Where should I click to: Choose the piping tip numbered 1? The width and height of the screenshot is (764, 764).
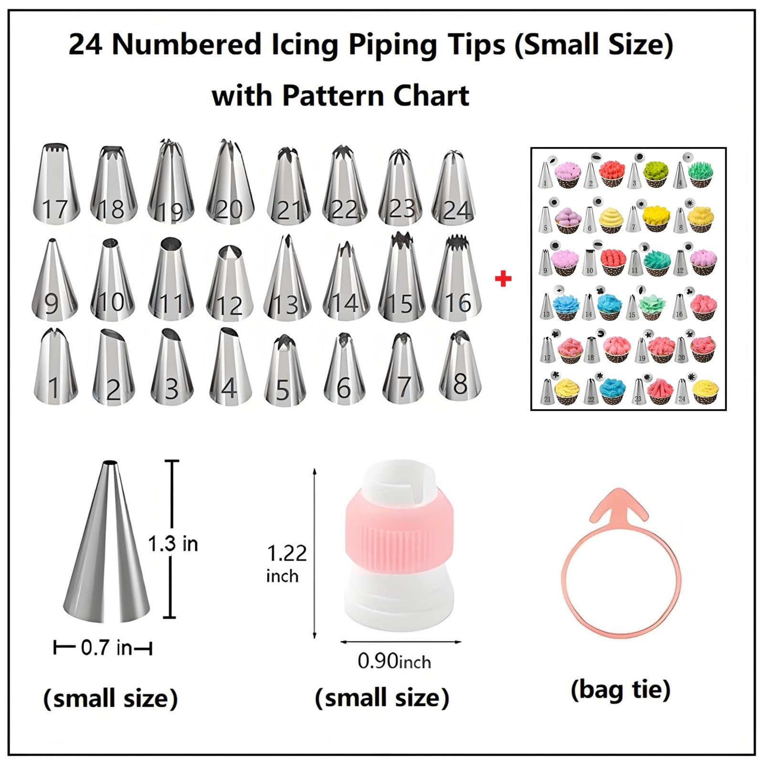(x=55, y=365)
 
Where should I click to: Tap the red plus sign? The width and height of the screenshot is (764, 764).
(x=503, y=279)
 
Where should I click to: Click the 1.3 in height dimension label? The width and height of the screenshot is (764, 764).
(x=173, y=544)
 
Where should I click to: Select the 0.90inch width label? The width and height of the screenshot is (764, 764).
(x=394, y=661)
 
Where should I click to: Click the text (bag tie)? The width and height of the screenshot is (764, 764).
(x=621, y=690)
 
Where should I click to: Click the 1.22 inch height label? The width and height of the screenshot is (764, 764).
(x=286, y=563)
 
